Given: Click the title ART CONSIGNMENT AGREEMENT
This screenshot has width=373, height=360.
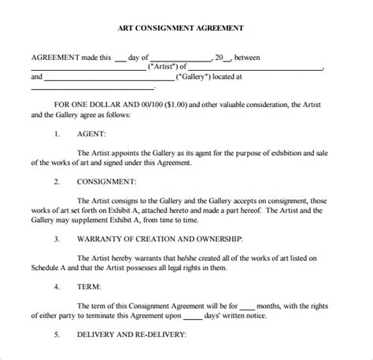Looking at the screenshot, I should coord(186,27).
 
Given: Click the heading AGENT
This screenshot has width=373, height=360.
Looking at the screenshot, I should coord(93,135).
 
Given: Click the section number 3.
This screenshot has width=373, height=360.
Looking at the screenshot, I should coord(57,237).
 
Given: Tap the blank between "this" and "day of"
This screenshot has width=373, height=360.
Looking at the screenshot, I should coord(120,58).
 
